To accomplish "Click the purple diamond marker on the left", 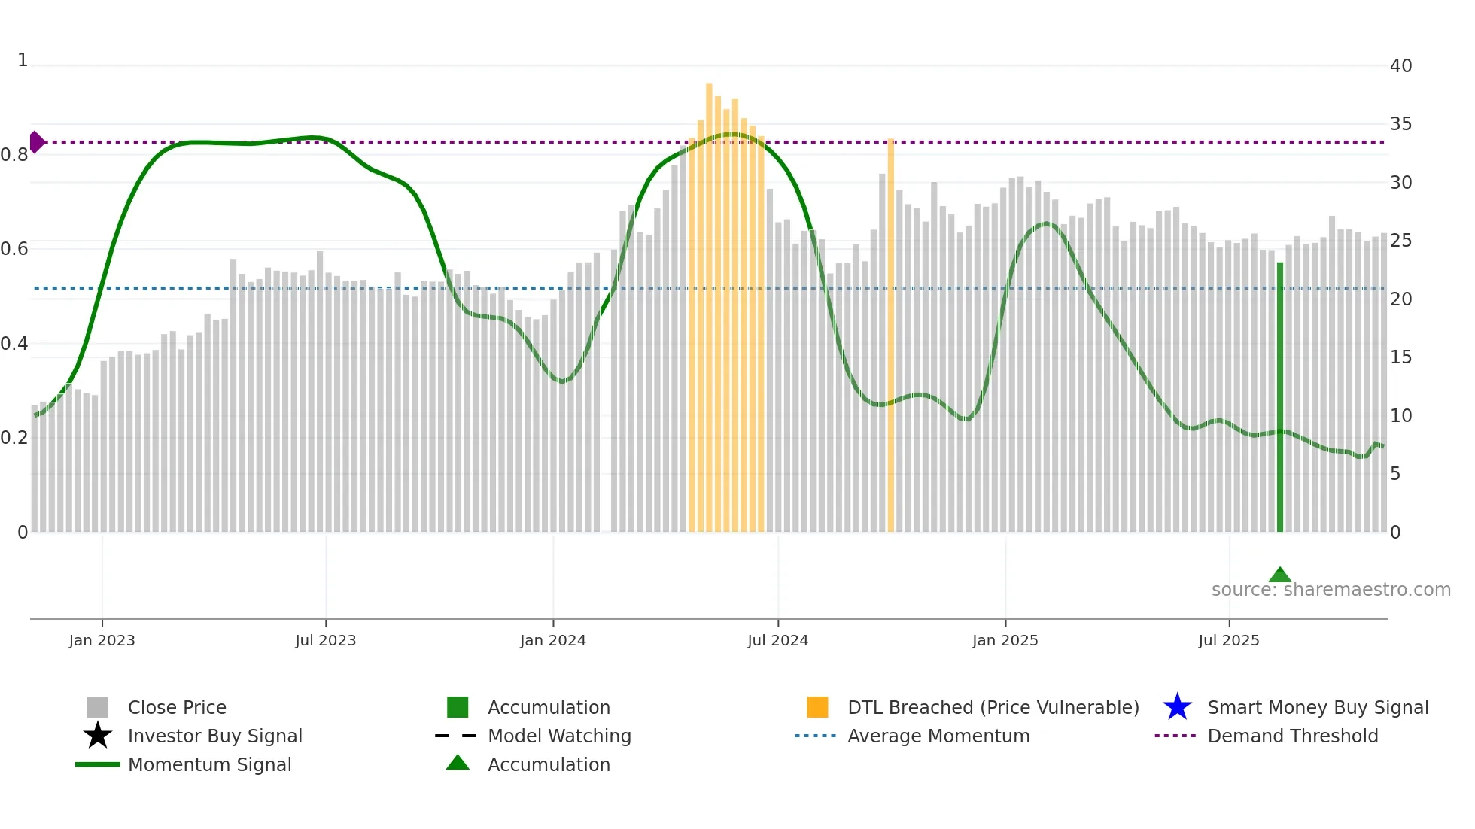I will pyautogui.click(x=37, y=142).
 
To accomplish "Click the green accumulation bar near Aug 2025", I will pyautogui.click(x=1280, y=399).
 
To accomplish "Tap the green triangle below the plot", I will pyautogui.click(x=1280, y=575).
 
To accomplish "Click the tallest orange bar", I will pyautogui.click(x=709, y=308).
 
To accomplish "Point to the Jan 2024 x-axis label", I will pyautogui.click(x=552, y=641).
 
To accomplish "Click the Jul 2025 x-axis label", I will pyautogui.click(x=1228, y=641).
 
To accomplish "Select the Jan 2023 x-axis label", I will pyautogui.click(x=102, y=641).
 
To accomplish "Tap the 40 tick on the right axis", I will pyautogui.click(x=1400, y=66).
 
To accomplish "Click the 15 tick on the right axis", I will pyautogui.click(x=1400, y=357).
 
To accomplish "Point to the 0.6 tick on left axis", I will pyautogui.click(x=15, y=249).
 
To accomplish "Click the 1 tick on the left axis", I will pyautogui.click(x=23, y=60).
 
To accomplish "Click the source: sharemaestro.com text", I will pyautogui.click(x=1331, y=590).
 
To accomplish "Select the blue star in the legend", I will pyautogui.click(x=1177, y=707).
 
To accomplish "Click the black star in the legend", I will pyautogui.click(x=98, y=736).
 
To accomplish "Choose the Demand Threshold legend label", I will pyautogui.click(x=1292, y=736).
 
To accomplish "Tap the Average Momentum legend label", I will pyautogui.click(x=938, y=736).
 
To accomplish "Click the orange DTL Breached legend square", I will pyautogui.click(x=817, y=707).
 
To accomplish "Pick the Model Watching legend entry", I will pyautogui.click(x=559, y=736).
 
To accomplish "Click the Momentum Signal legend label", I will pyautogui.click(x=209, y=764).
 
